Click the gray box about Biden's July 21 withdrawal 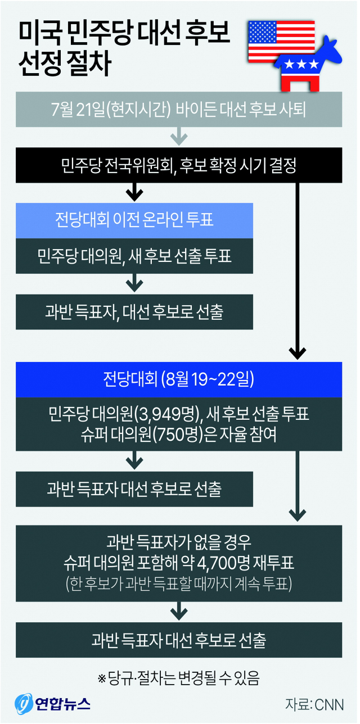tap(178, 110)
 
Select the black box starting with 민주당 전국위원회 tap(178, 166)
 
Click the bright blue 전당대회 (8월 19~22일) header tap(178, 379)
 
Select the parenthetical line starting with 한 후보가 tap(178, 583)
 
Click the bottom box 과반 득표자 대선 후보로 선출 tap(178, 639)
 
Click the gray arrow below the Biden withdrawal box tap(178, 137)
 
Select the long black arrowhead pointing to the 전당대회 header tap(297, 352)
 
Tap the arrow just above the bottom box tap(178, 609)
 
